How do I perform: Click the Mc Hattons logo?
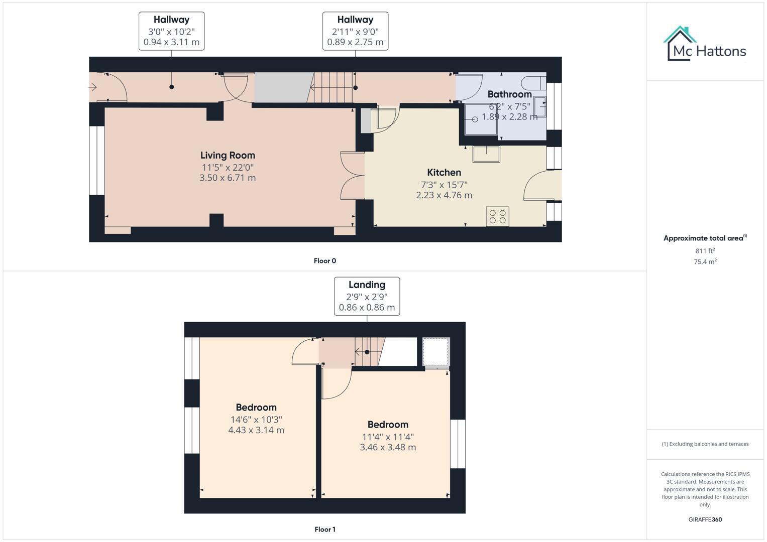coord(705,44)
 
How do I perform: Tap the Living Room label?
coord(228,156)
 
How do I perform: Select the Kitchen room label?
coord(444,173)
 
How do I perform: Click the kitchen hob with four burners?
coord(497,216)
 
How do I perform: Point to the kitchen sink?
coord(486,154)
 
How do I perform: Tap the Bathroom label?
coord(509,94)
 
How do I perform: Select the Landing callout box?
coord(367,296)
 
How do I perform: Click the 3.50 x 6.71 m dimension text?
coord(228,178)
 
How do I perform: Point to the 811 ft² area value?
coord(705,251)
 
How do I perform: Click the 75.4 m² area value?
coord(705,261)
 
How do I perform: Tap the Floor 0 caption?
coord(324,261)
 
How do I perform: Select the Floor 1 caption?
coord(324,529)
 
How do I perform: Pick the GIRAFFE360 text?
coord(705,520)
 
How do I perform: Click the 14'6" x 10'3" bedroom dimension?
coord(256,420)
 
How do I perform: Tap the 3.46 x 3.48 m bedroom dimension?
coord(388,447)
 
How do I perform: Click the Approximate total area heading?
coord(705,238)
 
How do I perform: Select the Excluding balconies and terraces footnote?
coord(705,444)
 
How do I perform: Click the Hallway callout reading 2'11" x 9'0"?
coord(355,31)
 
